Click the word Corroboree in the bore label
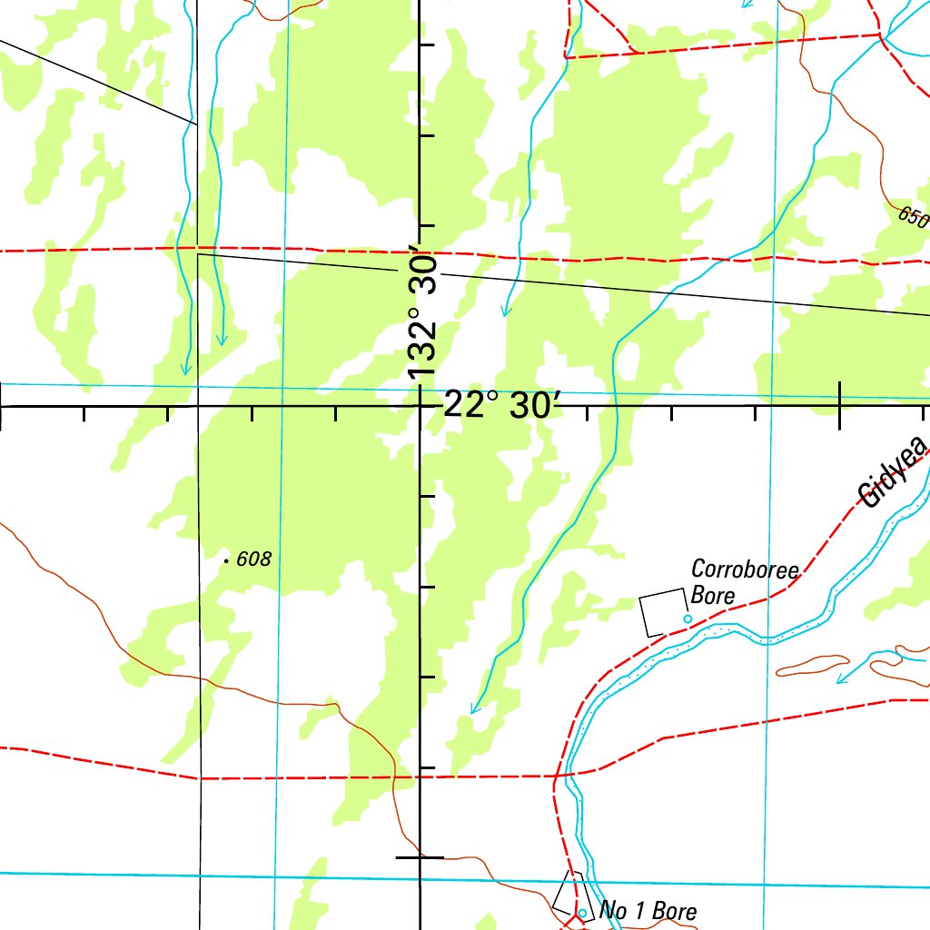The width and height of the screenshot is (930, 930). (x=745, y=570)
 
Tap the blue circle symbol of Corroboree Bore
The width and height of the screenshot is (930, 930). (x=688, y=619)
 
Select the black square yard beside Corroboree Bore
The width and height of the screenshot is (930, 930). (x=662, y=612)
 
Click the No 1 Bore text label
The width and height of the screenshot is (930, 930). (x=648, y=911)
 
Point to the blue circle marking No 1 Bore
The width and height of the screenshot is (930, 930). (x=582, y=913)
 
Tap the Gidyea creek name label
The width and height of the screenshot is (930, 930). (x=895, y=471)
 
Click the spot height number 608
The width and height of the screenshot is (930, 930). (x=253, y=560)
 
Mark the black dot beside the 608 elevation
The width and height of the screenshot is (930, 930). (x=226, y=561)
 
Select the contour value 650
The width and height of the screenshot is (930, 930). (x=913, y=217)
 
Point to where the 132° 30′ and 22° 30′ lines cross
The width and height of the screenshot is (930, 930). (x=420, y=406)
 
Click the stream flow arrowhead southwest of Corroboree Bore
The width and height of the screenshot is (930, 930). (x=473, y=708)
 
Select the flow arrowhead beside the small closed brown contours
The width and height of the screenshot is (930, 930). (x=842, y=678)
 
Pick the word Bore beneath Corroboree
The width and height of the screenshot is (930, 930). (x=712, y=596)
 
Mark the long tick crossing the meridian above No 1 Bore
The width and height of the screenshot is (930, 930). (x=420, y=856)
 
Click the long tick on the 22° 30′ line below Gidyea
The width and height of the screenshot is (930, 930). (x=839, y=406)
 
